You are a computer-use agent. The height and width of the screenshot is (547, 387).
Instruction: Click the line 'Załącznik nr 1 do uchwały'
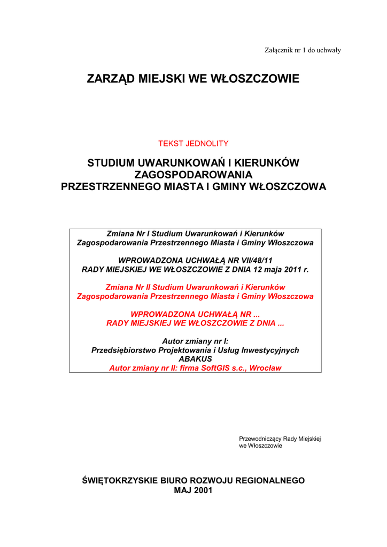click(303, 50)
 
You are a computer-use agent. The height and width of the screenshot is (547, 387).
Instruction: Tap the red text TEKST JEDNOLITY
click(193, 143)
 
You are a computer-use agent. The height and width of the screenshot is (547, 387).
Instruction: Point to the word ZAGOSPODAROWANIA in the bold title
click(193, 175)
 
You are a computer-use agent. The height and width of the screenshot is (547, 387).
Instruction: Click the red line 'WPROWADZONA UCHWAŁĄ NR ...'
click(195, 314)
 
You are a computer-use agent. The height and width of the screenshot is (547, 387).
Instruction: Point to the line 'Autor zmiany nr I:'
click(195, 341)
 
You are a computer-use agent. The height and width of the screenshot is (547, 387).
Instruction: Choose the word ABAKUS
click(195, 359)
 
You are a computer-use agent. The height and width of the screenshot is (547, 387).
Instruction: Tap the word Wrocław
click(265, 368)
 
